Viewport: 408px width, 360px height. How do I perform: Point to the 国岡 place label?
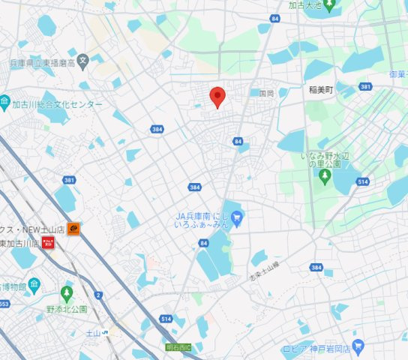[x=266, y=94]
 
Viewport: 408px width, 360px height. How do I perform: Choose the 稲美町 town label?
[x=320, y=89]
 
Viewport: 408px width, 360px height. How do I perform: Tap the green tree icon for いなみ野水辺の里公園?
[x=325, y=177]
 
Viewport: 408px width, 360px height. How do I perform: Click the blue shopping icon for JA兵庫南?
[x=238, y=219]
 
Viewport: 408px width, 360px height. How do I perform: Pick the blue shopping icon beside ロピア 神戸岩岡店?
[x=357, y=348]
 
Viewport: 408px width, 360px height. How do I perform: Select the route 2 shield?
[x=98, y=294]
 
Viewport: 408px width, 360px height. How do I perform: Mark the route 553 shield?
[x=4, y=304]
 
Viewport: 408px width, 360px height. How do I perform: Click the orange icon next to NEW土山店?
[x=73, y=229]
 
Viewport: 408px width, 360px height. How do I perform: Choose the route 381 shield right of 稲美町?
[x=365, y=87]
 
